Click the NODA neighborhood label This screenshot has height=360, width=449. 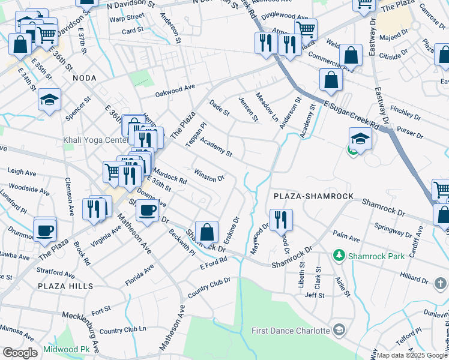point(84,78)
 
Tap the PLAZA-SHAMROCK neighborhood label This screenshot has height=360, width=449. point(310,197)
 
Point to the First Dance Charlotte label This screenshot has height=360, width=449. point(291,331)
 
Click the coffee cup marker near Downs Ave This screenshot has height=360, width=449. point(147,210)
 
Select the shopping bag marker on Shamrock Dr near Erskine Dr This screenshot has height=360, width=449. point(206,232)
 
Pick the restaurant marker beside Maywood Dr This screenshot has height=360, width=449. point(280,219)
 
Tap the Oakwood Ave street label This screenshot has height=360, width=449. point(175,91)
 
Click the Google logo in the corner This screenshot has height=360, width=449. point(20,353)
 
